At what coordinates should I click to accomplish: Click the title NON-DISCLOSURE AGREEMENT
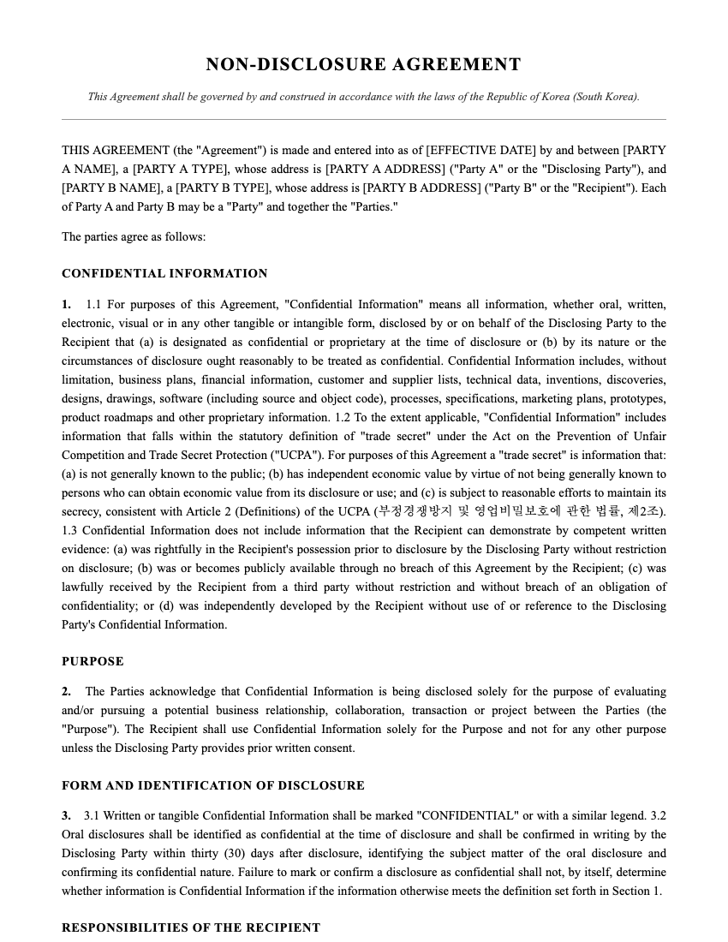363,65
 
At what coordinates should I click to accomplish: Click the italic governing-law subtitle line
363,97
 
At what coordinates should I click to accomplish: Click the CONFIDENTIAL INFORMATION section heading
164,274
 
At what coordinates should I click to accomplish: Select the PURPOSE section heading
92,661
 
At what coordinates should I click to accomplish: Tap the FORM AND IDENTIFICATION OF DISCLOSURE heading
213,785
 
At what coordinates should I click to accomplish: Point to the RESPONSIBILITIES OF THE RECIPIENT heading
191,927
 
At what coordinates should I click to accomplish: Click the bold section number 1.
66,305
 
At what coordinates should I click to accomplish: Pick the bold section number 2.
66,691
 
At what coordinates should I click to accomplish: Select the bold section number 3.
66,816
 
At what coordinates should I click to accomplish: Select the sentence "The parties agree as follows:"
134,236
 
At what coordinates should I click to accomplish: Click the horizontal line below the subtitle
363,119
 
